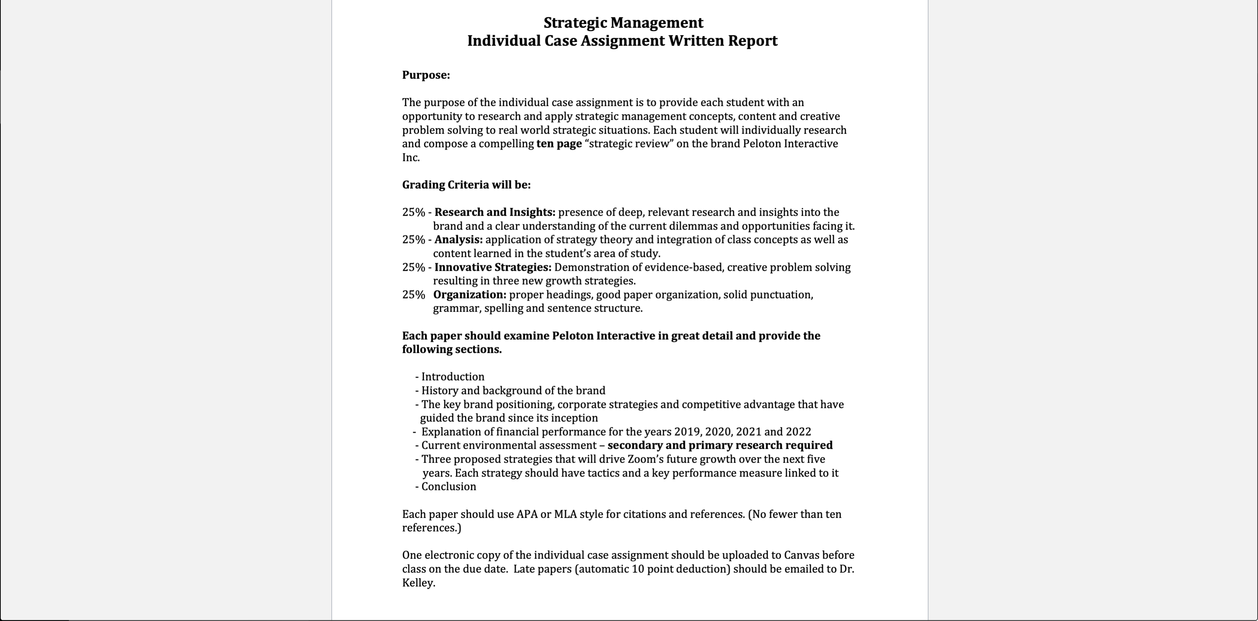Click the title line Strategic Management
[623, 23]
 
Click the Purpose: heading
[426, 75]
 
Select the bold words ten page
[559, 144]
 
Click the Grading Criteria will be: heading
[466, 185]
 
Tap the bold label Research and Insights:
[494, 212]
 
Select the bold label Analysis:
[458, 239]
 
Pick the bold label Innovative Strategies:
[492, 267]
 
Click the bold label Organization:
[469, 295]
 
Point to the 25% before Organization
[413, 295]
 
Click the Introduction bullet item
[452, 377]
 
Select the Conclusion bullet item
[448, 487]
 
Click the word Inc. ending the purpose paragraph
[411, 157]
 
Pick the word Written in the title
[696, 40]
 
